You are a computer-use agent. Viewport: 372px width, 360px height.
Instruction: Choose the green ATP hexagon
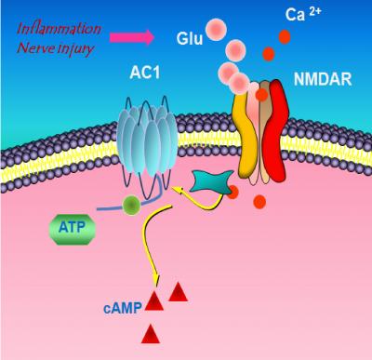coord(72,226)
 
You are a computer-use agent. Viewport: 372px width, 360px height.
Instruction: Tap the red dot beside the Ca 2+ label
coord(284,37)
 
